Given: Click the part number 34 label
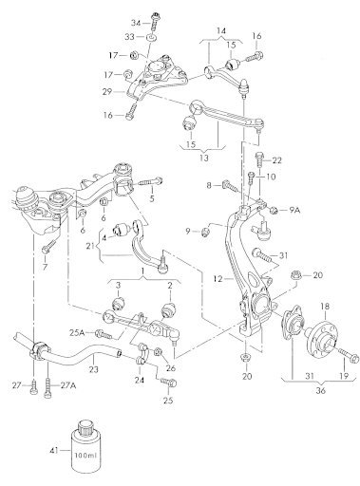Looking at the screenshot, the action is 136,23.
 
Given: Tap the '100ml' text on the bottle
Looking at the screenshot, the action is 85,456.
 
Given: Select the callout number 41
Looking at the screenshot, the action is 54,450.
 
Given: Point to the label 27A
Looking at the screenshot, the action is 68,385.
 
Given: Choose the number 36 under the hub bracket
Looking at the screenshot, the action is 320,390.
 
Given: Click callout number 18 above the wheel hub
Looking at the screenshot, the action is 325,306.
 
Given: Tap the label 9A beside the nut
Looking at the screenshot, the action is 294,209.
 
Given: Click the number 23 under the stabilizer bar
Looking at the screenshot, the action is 94,368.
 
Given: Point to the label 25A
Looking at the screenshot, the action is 77,332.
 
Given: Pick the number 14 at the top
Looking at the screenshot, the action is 221,30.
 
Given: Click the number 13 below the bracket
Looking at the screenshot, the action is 204,158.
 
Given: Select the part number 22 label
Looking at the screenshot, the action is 276,160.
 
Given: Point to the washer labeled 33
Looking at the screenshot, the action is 152,38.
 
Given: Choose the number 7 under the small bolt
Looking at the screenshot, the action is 45,267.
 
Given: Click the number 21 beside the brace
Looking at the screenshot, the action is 91,245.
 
